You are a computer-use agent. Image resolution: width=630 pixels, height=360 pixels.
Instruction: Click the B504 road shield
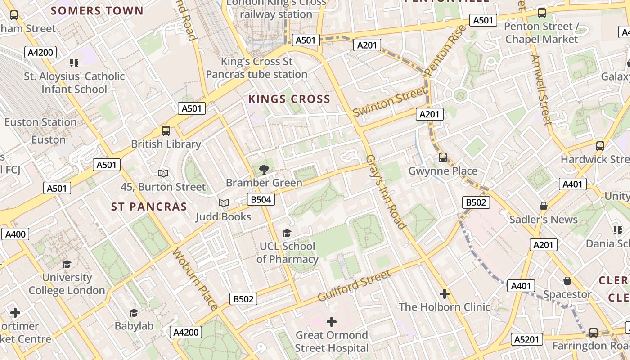point(261,199)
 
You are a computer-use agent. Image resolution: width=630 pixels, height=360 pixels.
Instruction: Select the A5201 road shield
point(527,339)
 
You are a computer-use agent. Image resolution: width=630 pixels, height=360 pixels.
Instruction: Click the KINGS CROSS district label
point(289,99)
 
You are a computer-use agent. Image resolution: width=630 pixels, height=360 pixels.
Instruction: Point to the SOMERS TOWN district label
point(97,11)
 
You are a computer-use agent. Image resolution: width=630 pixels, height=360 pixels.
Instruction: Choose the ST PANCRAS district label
point(149,207)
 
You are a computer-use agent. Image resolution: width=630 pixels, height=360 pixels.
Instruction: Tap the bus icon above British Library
point(166,131)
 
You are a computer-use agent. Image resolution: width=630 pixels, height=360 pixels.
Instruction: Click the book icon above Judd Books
point(224,203)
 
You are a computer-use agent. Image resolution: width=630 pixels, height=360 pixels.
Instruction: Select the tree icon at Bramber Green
point(264,170)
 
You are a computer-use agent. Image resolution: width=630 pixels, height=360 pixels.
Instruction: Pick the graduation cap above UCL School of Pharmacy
point(287,233)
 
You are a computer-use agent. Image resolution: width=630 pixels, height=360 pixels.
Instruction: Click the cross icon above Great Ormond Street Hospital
point(332,322)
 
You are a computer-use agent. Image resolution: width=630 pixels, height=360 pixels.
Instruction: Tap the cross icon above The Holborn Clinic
point(445,294)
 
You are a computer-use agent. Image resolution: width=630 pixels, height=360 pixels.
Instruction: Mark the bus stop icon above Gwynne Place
point(443,157)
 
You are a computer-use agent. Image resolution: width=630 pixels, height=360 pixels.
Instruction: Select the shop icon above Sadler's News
point(543,206)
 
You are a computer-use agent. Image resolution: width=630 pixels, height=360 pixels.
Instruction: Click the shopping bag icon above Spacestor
point(567,281)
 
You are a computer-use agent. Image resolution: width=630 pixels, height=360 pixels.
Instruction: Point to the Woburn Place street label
point(195,279)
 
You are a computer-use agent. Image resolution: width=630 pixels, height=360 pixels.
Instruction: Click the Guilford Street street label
point(354,286)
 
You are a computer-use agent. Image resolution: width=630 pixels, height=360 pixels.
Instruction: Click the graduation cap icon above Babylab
point(134,313)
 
